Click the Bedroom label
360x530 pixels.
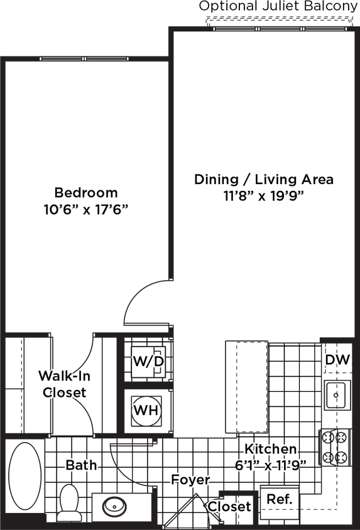click(86, 192)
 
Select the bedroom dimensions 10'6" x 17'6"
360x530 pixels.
click(86, 208)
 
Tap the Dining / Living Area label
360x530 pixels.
click(264, 180)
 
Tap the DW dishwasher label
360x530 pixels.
click(338, 360)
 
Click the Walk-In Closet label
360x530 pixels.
click(63, 384)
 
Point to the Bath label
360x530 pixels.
click(82, 465)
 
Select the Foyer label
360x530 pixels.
click(190, 479)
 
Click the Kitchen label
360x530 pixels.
click(270, 449)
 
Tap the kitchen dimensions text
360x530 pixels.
click(270, 465)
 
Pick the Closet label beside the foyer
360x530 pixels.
click(229, 506)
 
